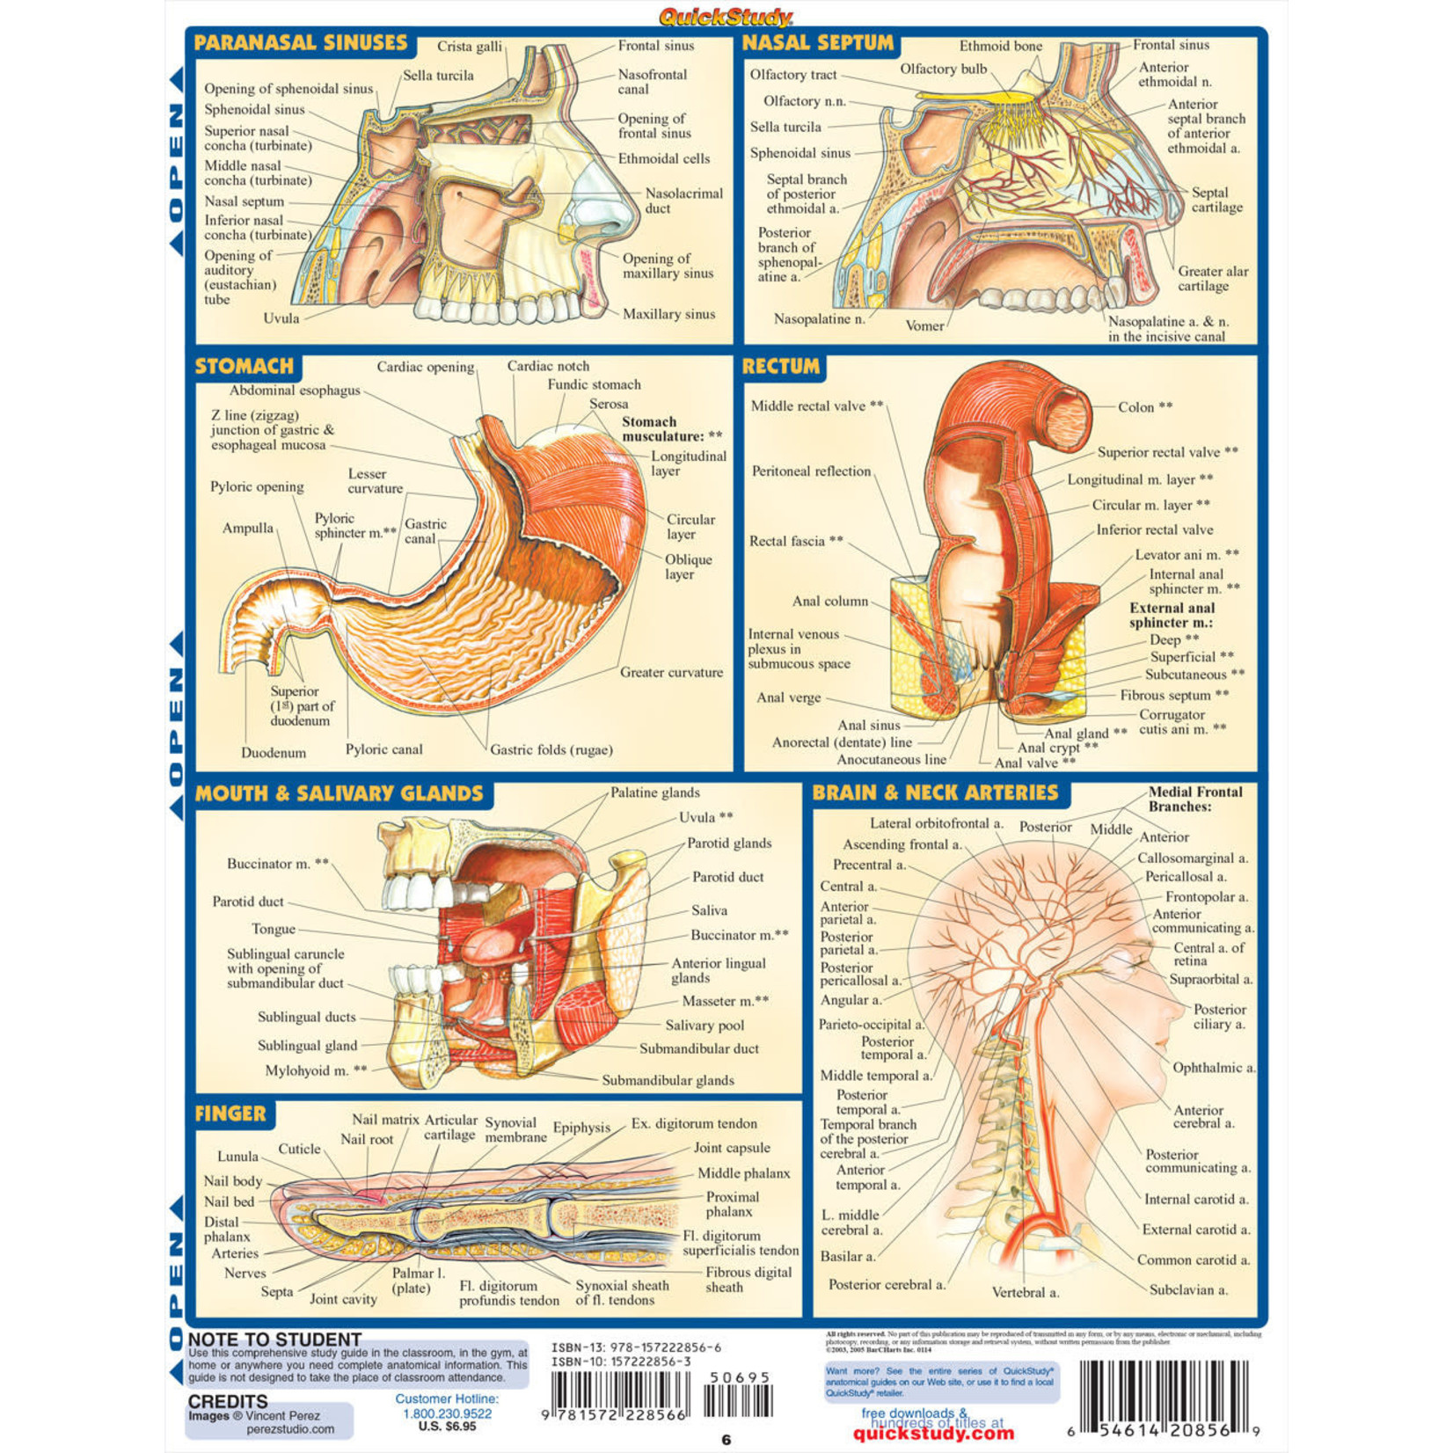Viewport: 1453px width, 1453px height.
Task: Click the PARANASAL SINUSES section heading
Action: coord(301,42)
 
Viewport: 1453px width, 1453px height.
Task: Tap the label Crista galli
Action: coord(470,47)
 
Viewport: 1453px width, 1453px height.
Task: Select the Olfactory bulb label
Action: coord(943,69)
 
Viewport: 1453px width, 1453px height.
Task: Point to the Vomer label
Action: coord(924,325)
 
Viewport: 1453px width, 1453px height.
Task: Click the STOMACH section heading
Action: coord(245,366)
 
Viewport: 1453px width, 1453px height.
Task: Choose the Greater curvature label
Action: coord(671,672)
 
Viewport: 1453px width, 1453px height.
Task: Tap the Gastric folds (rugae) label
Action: coord(551,749)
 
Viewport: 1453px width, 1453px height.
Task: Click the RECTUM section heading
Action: coord(781,366)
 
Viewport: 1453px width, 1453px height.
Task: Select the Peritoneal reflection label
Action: coord(811,471)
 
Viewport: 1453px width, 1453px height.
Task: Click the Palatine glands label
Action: coord(655,792)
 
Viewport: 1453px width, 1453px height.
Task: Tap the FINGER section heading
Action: coord(230,1113)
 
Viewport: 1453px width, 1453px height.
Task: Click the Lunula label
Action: coord(238,1157)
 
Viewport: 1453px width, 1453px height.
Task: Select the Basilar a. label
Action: coord(848,1256)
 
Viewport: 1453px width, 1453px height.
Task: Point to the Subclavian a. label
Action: coord(1188,1289)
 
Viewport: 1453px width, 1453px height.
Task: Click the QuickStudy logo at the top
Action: coord(726,16)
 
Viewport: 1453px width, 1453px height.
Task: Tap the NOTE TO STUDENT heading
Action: coord(274,1340)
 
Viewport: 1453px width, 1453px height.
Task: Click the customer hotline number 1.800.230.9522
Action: coord(447,1413)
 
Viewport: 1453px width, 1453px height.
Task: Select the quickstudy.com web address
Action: coord(933,1434)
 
